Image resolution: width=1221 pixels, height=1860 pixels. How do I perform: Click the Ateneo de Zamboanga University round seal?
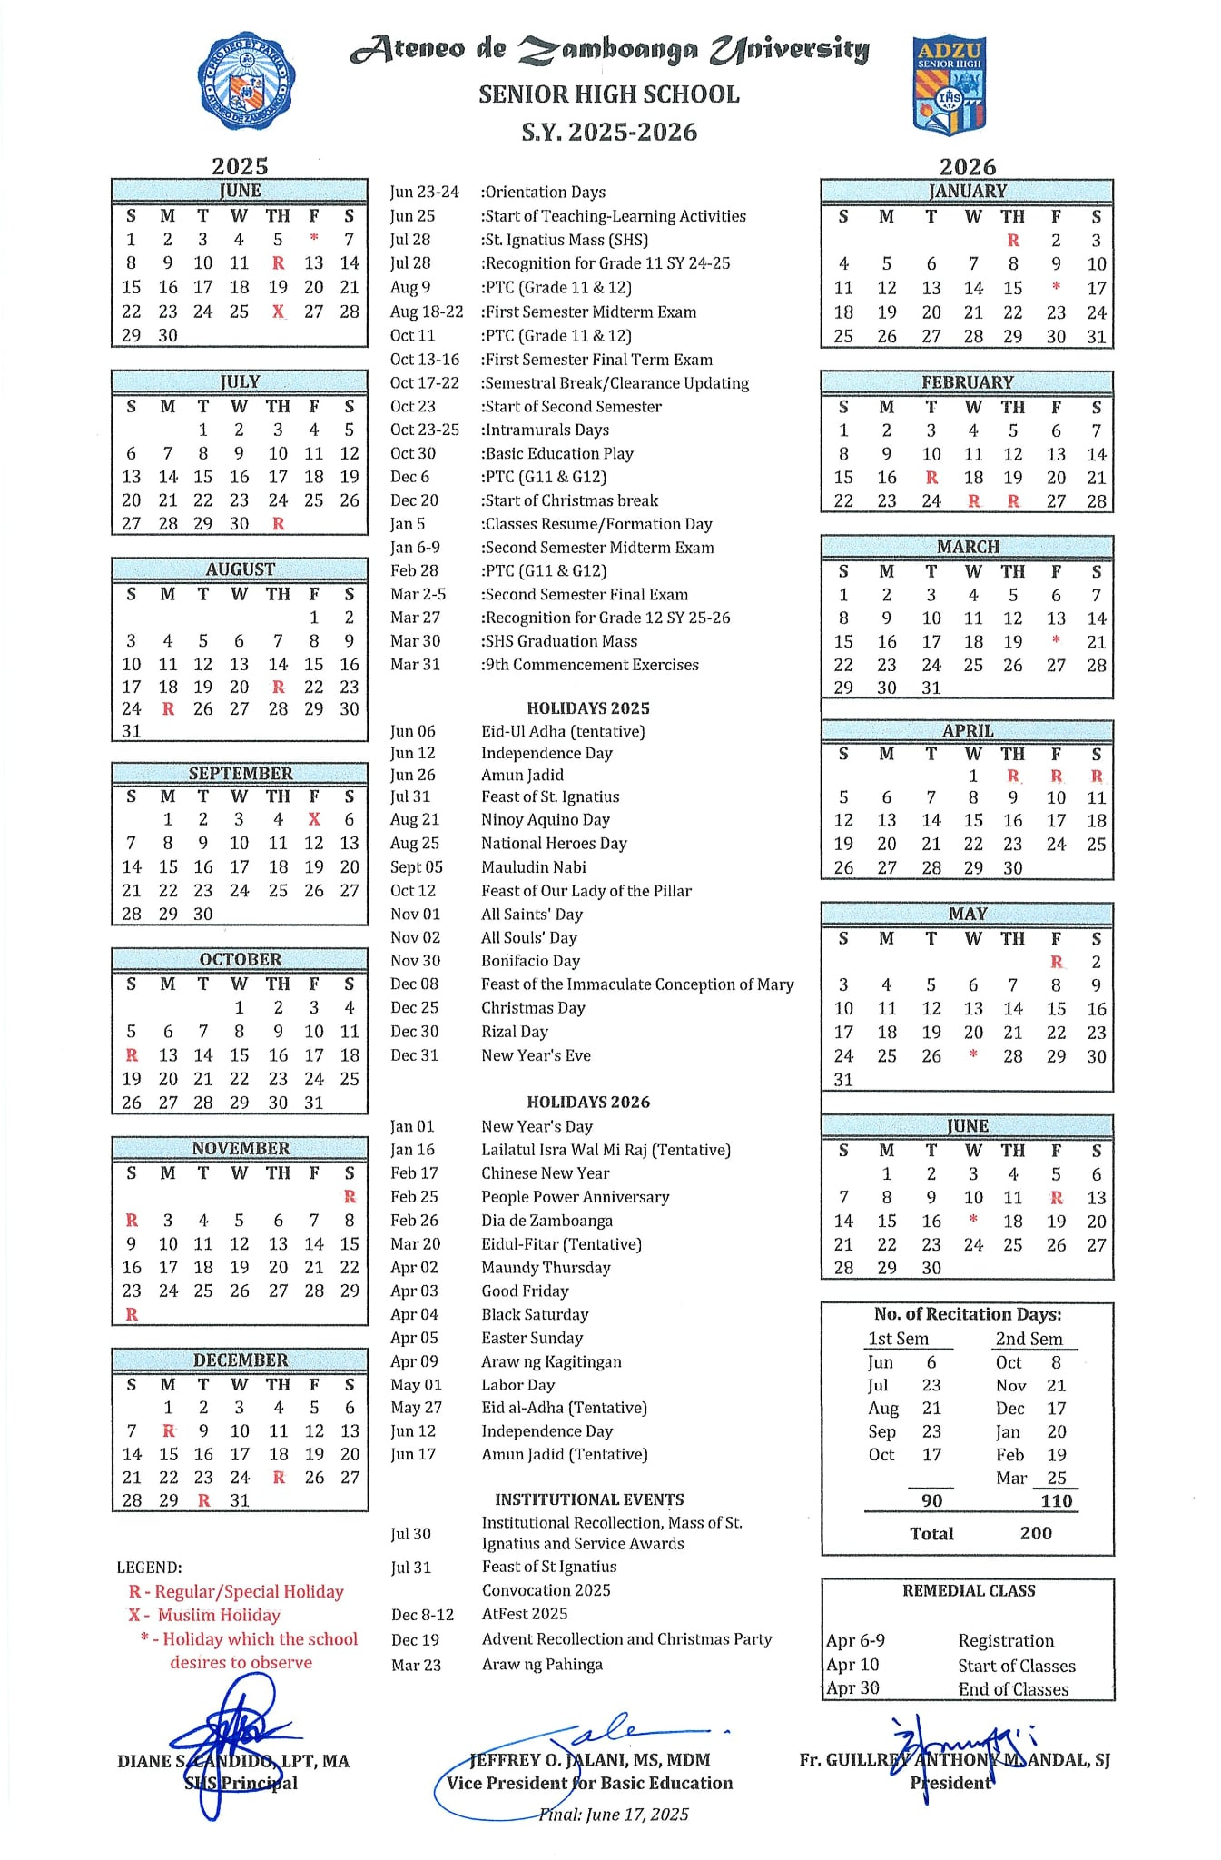(x=244, y=82)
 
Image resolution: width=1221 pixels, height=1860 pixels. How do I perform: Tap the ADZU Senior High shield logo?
(x=949, y=86)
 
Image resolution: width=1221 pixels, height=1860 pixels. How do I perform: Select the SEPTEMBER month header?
(x=240, y=774)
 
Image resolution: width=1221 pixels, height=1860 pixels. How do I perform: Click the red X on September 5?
(x=314, y=819)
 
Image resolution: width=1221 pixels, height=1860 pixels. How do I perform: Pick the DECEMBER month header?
(x=240, y=1360)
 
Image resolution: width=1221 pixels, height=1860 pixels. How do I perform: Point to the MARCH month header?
(x=968, y=547)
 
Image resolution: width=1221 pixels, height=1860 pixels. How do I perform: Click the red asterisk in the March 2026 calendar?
(x=1056, y=641)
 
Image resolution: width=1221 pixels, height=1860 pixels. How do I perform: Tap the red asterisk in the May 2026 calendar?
(x=973, y=1055)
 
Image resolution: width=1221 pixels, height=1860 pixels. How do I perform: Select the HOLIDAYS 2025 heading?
(x=588, y=708)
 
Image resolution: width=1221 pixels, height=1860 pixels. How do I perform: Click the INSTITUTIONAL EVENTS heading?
(x=589, y=1499)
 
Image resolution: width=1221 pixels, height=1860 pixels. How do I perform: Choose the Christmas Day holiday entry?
(x=533, y=1008)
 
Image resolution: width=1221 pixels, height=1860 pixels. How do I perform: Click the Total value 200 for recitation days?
(x=1035, y=1533)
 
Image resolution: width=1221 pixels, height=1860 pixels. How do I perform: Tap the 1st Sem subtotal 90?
(x=931, y=1500)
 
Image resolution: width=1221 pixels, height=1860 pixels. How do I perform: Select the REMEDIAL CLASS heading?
(x=969, y=1590)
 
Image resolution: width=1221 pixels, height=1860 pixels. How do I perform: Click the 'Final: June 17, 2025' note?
(x=614, y=1814)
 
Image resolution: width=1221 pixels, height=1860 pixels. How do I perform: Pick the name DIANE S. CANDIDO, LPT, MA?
(x=233, y=1761)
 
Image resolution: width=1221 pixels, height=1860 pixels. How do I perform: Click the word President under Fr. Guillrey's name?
(x=950, y=1782)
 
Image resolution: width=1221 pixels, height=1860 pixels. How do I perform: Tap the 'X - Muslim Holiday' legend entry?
(x=204, y=1615)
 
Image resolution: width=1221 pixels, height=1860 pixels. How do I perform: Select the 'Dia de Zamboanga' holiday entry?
(x=546, y=1221)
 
